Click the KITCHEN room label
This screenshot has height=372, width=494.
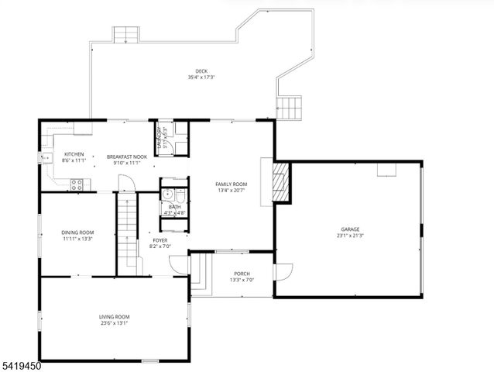pyautogui.click(x=74, y=154)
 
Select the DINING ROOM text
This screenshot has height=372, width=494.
pyautogui.click(x=77, y=232)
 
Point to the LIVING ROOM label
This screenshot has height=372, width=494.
pyautogui.click(x=114, y=316)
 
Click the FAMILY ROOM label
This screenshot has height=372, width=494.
pyautogui.click(x=231, y=184)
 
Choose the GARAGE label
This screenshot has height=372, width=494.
pyautogui.click(x=350, y=229)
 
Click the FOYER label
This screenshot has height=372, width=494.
pyautogui.click(x=160, y=240)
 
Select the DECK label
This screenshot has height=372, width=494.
pyautogui.click(x=201, y=71)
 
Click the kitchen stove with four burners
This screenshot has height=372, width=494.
pyautogui.click(x=77, y=184)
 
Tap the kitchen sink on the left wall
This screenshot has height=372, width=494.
pyautogui.click(x=43, y=159)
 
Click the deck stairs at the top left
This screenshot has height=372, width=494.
pyautogui.click(x=125, y=36)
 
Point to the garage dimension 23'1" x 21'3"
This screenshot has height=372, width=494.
pyautogui.click(x=350, y=236)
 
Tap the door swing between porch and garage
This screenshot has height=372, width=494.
pyautogui.click(x=284, y=273)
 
